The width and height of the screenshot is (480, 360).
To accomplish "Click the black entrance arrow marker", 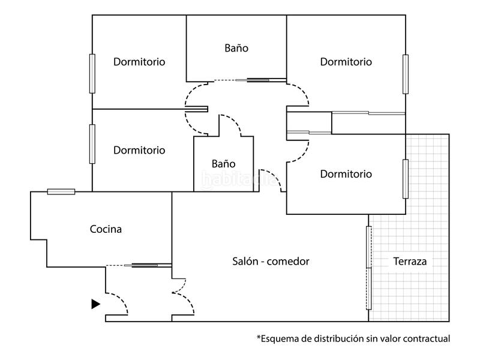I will point(95,304).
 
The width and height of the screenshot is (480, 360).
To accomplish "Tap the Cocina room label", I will point(106,229).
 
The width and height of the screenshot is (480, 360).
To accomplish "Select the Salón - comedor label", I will point(271,261).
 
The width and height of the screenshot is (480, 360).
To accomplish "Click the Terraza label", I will point(410,261).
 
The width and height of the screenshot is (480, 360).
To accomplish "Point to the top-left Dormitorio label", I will point(139,62).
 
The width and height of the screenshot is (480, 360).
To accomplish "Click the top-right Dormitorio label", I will point(346,62).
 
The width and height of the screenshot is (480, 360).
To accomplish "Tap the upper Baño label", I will point(236,48).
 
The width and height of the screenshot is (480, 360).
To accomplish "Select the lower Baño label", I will point(223,163).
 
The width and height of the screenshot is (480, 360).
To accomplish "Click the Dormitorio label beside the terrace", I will point(346,174).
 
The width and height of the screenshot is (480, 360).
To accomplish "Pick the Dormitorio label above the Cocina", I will point(139,150).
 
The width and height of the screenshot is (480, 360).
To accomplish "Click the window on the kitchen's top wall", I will point(61,191).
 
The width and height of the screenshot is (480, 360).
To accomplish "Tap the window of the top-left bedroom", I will point(92,73).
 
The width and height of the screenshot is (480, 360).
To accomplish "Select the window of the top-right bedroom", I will point(406,74).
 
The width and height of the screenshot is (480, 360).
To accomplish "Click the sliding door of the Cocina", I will point(145,265).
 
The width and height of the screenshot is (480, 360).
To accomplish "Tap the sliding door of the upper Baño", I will point(252,80).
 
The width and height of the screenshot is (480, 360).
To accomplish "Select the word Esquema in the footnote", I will point(280,338).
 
